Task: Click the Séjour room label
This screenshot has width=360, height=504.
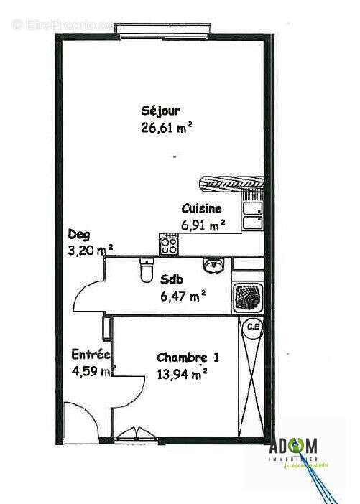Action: pos(161,111)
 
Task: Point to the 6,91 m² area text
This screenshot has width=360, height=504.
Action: pos(203,225)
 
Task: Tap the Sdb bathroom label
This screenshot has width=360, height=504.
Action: pos(170,279)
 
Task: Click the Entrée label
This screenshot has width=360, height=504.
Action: pos(90,355)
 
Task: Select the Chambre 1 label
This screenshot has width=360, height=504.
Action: pos(188,357)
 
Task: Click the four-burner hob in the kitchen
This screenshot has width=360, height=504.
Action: pos(169,246)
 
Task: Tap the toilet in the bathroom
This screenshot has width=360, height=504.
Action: pos(147,272)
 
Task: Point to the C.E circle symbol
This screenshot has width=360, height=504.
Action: pos(251,327)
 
